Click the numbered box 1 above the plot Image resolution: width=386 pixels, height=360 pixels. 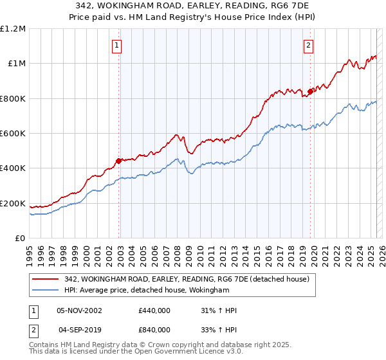click(116, 45)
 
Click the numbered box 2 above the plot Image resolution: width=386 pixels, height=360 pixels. click(309, 45)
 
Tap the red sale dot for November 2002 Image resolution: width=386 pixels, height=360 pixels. click(119, 161)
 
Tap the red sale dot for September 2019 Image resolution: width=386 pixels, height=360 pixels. click(310, 91)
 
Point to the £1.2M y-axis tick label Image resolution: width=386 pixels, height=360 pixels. click(13, 29)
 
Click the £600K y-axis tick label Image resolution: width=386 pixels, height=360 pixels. click(13, 134)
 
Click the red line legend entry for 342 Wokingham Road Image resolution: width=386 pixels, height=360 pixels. click(187, 279)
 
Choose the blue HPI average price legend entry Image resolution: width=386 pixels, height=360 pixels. click(147, 291)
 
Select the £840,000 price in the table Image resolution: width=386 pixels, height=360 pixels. click(154, 330)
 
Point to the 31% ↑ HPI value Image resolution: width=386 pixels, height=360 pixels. click(219, 310)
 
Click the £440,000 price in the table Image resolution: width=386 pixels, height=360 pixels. click(154, 310)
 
